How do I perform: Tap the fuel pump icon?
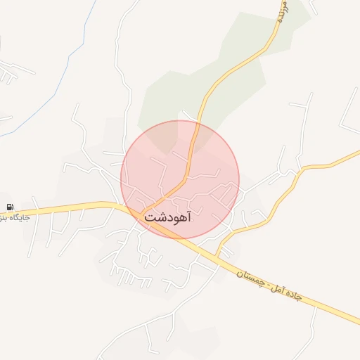10,207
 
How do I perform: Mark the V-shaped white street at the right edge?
347,112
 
